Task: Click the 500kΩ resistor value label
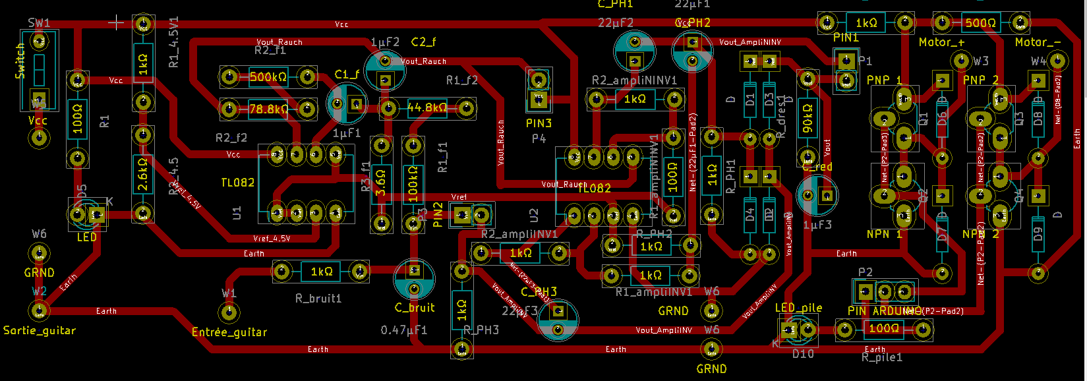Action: (x=268, y=77)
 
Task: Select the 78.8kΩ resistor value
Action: (x=268, y=109)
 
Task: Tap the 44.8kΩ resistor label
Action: (x=427, y=107)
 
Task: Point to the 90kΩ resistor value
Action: (x=808, y=118)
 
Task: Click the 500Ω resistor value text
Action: (x=980, y=23)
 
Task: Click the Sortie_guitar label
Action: (x=40, y=330)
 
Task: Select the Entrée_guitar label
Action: (x=229, y=332)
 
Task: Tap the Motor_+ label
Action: (x=941, y=42)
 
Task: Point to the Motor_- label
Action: (x=1038, y=42)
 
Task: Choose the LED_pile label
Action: (x=798, y=308)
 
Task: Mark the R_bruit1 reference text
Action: (x=318, y=299)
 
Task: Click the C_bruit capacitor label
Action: (x=415, y=308)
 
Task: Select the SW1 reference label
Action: (x=39, y=23)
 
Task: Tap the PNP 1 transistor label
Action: (x=884, y=80)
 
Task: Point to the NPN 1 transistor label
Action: (x=884, y=234)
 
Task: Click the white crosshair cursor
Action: (x=116, y=22)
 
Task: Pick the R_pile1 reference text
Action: (x=882, y=357)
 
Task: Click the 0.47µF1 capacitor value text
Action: (x=403, y=330)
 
